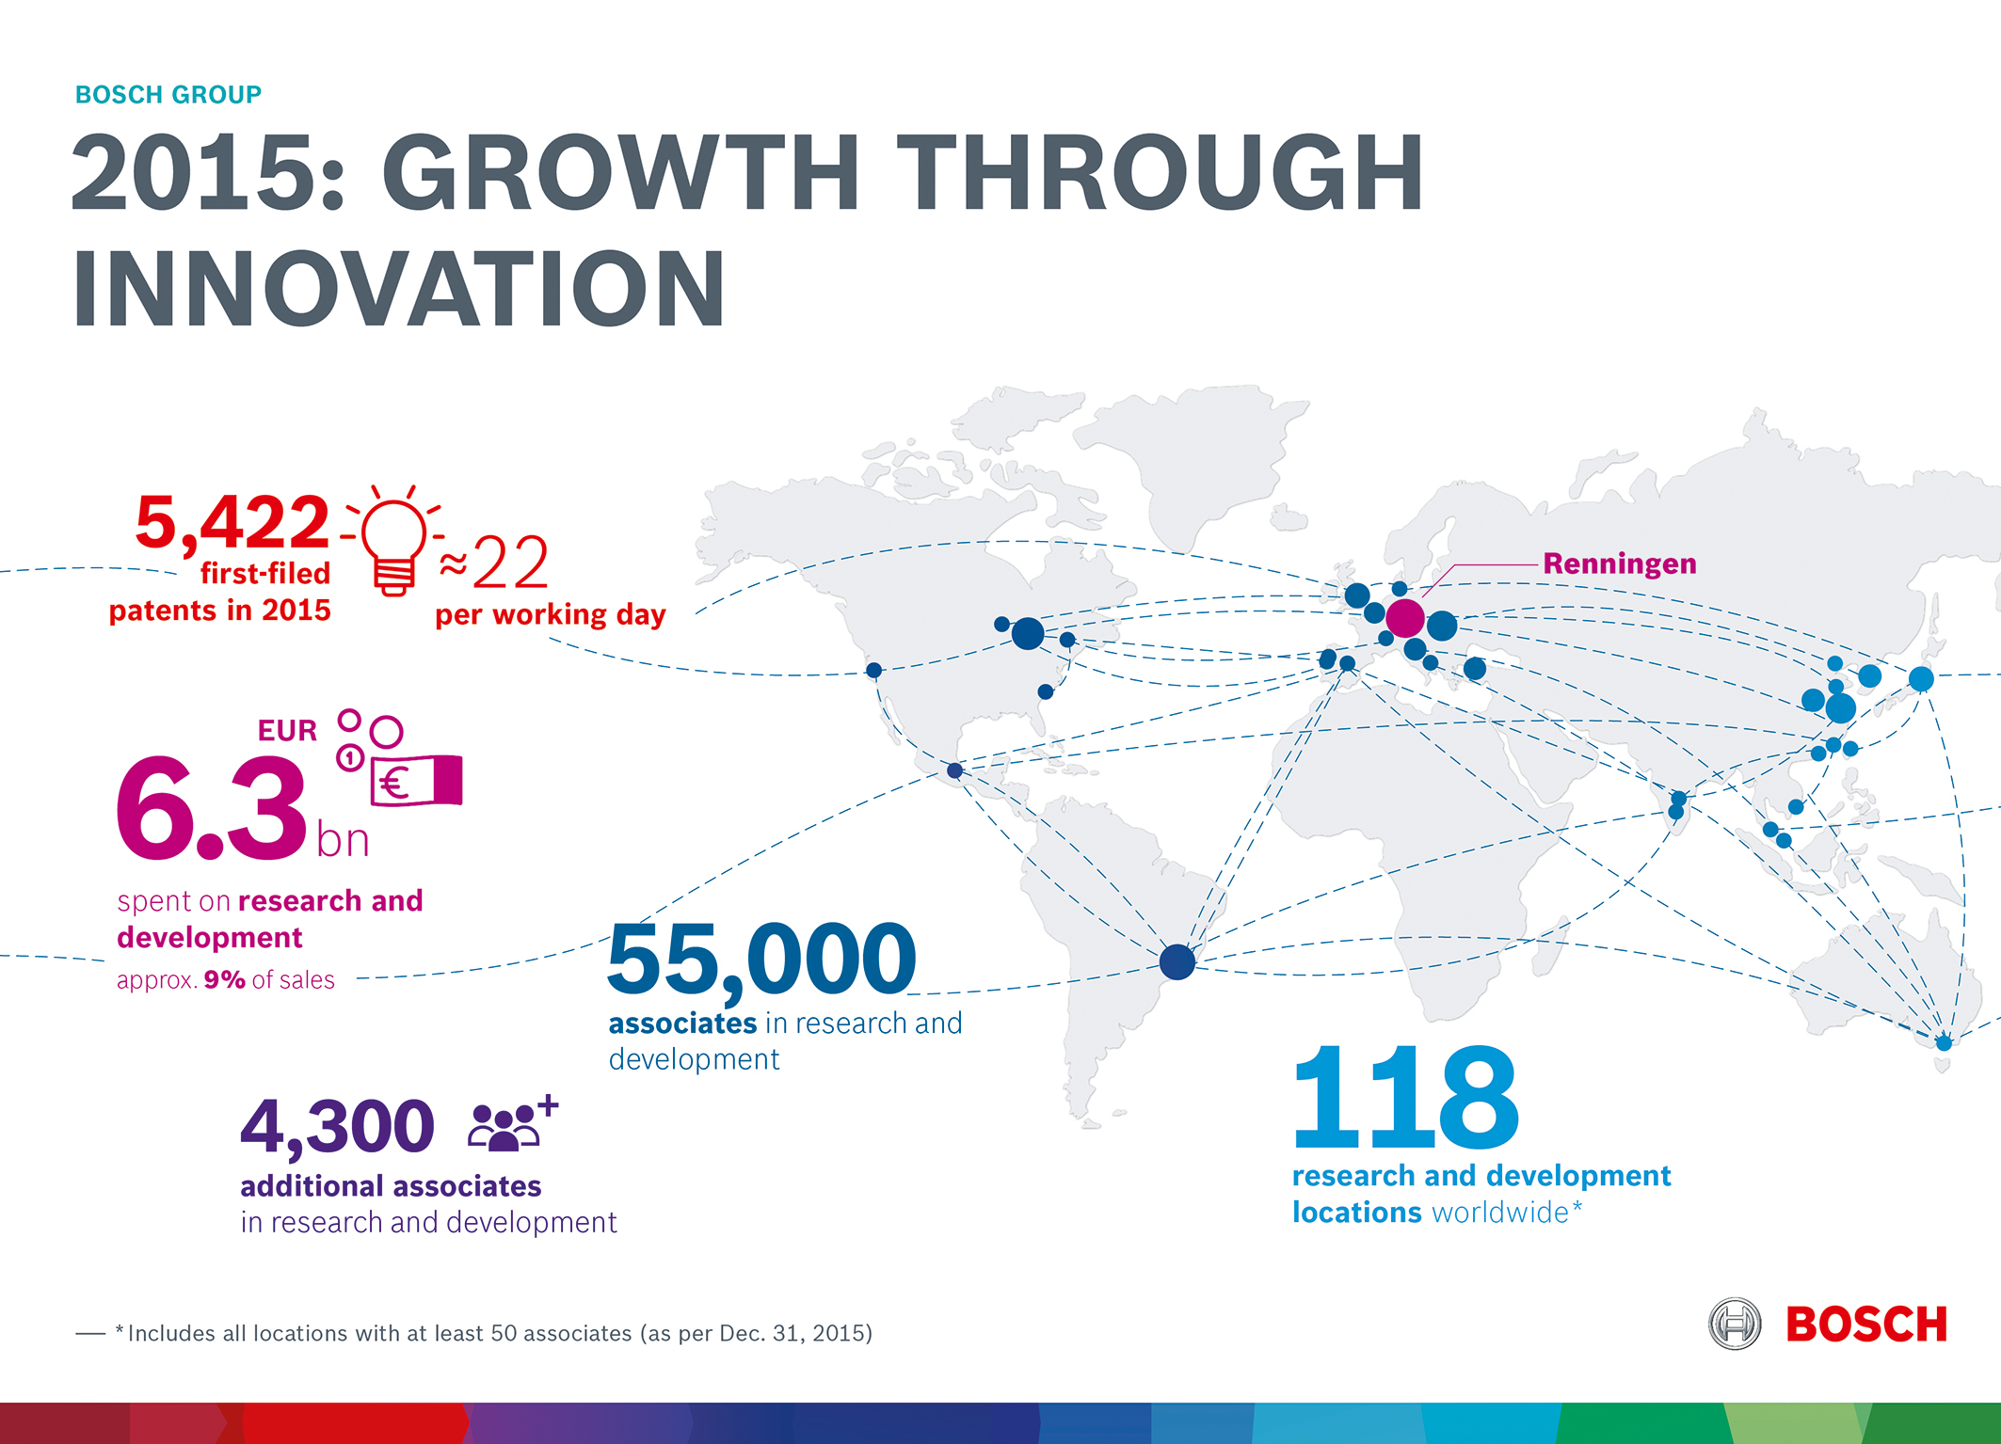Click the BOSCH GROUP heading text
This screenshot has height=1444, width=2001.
(x=168, y=95)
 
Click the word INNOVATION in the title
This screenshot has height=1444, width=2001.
(x=399, y=290)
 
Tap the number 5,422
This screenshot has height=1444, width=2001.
(x=232, y=522)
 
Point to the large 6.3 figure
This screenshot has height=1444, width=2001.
(x=212, y=809)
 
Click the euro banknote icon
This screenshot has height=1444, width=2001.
(x=417, y=781)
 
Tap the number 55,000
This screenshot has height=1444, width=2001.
(x=761, y=960)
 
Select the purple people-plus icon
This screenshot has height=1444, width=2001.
(x=512, y=1123)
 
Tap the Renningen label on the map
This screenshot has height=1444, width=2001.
(x=1619, y=563)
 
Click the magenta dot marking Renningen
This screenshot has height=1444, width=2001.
(x=1404, y=618)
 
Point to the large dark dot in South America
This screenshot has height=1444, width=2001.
(x=1177, y=961)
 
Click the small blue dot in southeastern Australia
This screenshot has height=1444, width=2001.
(x=1944, y=1042)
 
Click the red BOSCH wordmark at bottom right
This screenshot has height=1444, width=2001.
(x=1865, y=1325)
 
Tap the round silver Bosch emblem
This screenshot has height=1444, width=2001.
(x=1735, y=1324)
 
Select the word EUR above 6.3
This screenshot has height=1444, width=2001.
(x=287, y=731)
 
